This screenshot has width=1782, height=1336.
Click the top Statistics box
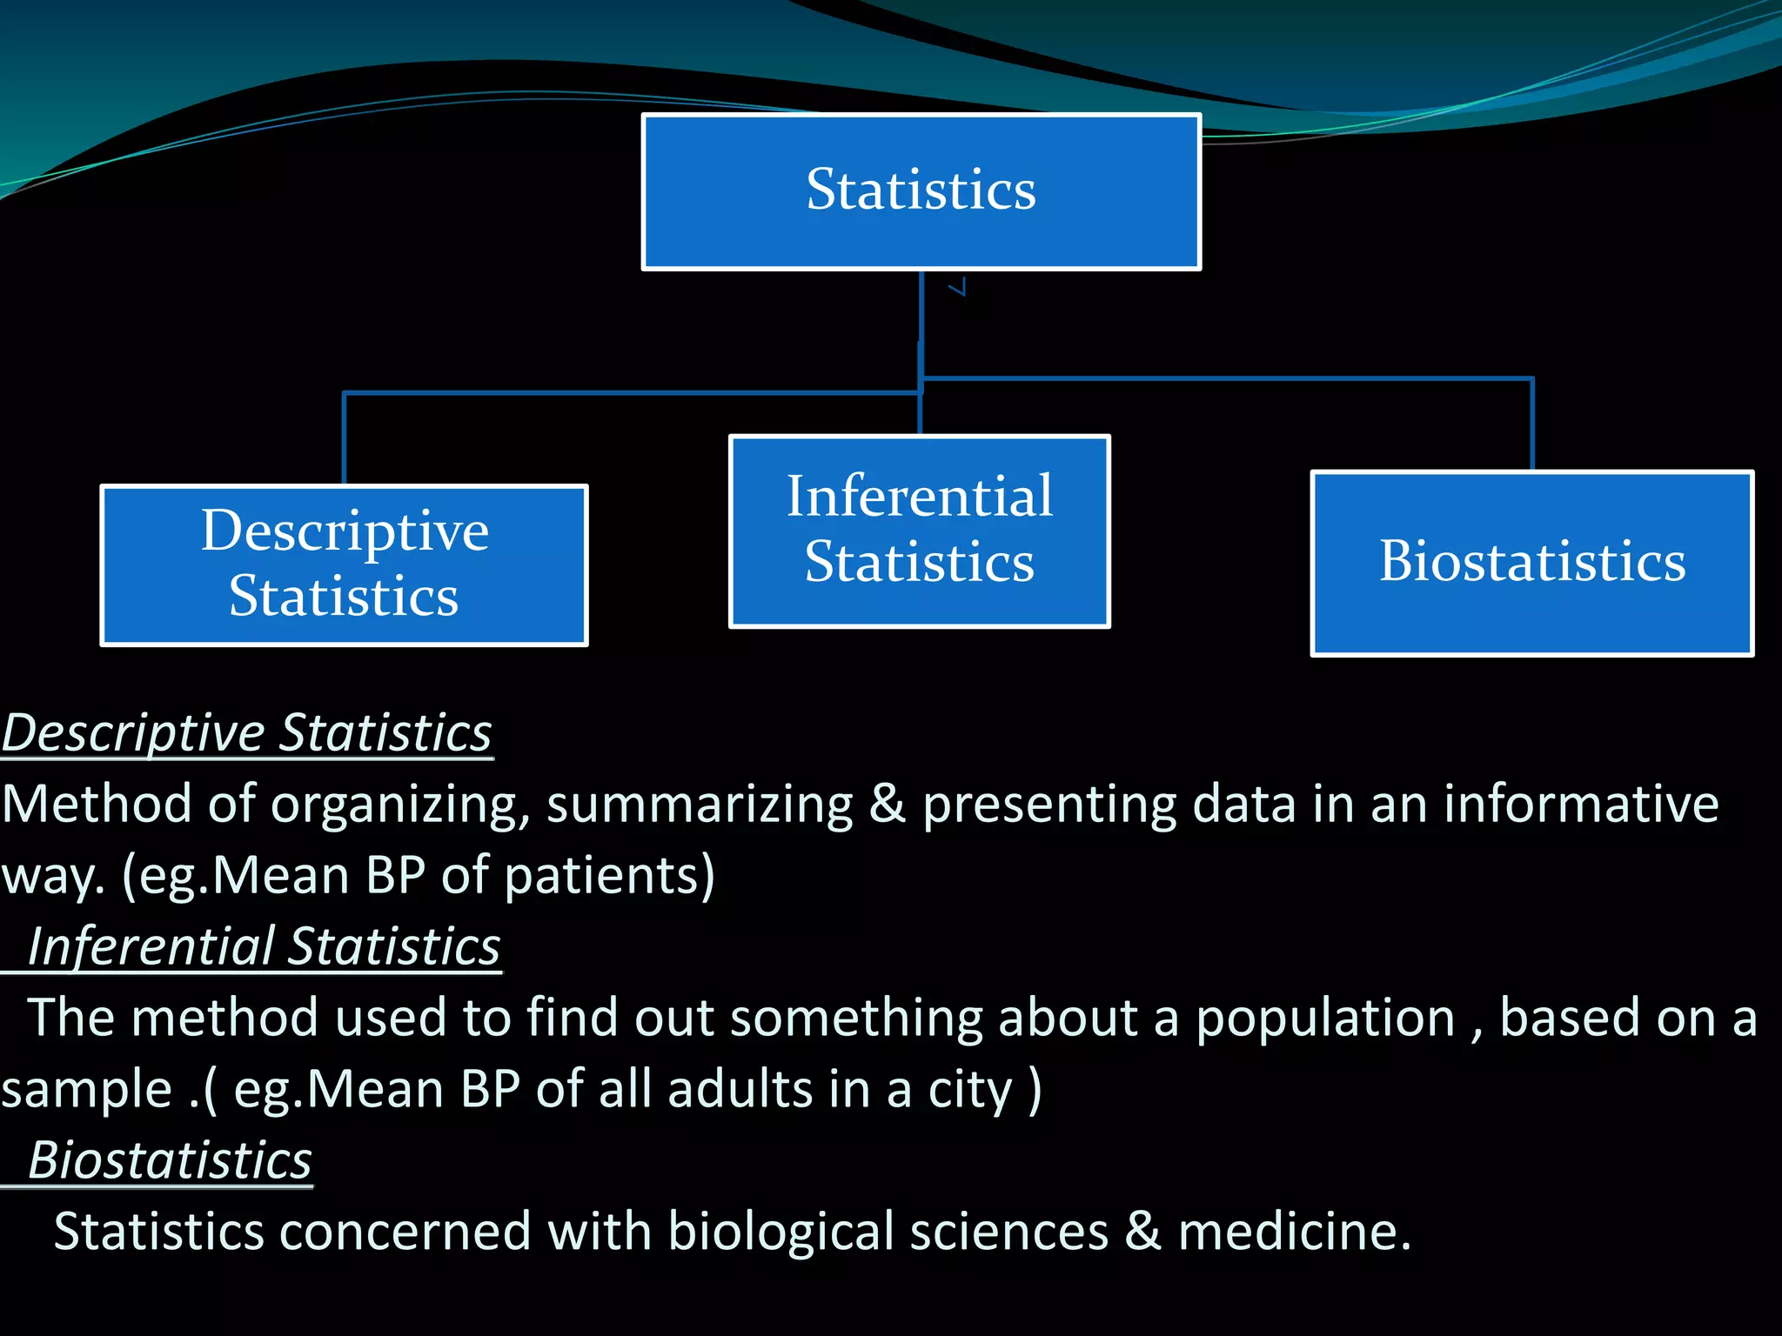click(921, 191)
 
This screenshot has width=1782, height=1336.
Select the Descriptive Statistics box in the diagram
click(345, 565)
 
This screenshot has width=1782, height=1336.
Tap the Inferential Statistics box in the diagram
click(920, 531)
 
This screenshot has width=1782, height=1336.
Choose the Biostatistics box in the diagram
click(1532, 563)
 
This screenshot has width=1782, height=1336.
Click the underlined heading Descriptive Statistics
click(247, 733)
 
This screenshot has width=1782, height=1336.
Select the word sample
click(86, 1090)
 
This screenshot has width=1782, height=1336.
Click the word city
click(970, 1091)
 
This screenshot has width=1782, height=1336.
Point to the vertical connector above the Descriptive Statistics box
click(345, 438)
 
